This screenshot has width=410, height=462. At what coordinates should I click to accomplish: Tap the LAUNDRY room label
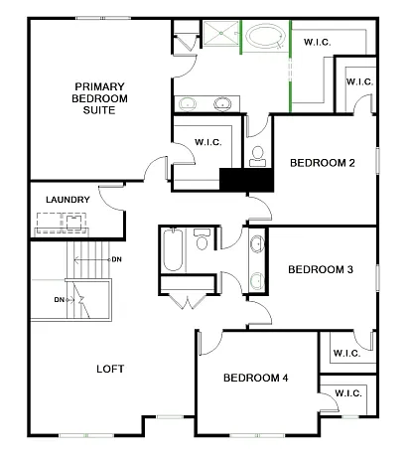(x=68, y=200)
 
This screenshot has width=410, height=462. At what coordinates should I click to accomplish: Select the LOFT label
(x=110, y=369)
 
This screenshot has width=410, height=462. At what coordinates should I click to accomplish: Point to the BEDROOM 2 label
(x=322, y=162)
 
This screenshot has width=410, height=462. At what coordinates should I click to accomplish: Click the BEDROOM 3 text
(x=321, y=269)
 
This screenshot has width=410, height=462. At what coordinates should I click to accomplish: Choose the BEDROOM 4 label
(x=255, y=378)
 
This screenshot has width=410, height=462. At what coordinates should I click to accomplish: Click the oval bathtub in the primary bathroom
(x=264, y=40)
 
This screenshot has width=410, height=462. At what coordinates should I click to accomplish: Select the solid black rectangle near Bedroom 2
(x=245, y=181)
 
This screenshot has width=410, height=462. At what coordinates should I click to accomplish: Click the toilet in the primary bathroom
(x=257, y=155)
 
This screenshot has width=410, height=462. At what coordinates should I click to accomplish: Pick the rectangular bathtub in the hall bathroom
(x=172, y=249)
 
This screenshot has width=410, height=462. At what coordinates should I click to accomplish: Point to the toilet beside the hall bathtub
(x=203, y=240)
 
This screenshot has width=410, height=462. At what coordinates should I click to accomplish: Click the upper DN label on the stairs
(x=116, y=259)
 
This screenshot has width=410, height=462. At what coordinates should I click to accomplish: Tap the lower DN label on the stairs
(x=60, y=299)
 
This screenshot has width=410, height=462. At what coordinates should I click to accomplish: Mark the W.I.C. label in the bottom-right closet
(x=347, y=393)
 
